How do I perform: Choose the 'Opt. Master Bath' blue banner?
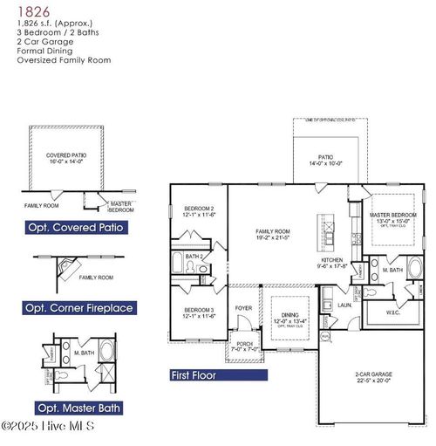(79, 407)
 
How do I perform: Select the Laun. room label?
(344, 305)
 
